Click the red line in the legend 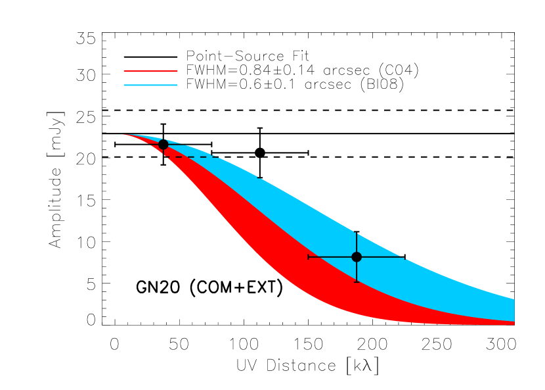click(x=150, y=70)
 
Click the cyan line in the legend click(x=150, y=85)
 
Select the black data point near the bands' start click(x=163, y=144)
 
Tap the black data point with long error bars click(x=357, y=257)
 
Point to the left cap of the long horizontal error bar click(x=309, y=257)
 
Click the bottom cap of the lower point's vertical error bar click(x=357, y=281)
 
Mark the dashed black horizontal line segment click(x=190, y=157)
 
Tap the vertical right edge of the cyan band click(x=513, y=309)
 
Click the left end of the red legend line click(x=125, y=70)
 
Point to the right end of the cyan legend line click(x=177, y=85)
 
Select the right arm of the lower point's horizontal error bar click(x=384, y=257)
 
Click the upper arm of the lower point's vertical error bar click(x=357, y=241)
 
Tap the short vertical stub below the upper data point click(x=163, y=153)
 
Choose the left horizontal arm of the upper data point click(x=155, y=145)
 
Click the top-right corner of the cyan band click(x=513, y=299)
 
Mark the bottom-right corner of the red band click(x=513, y=325)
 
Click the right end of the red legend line click(x=177, y=70)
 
